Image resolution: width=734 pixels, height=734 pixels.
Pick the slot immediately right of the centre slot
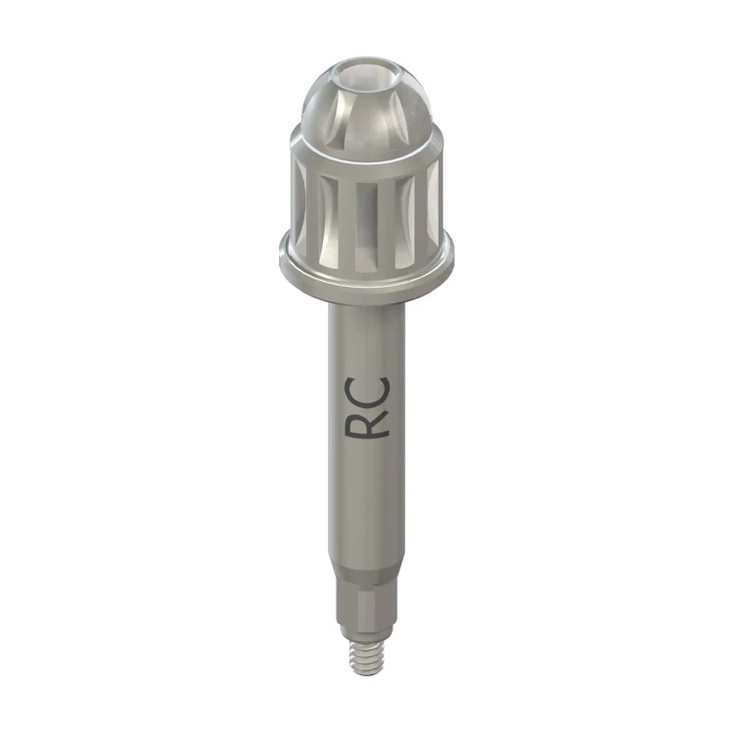click(404, 221)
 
